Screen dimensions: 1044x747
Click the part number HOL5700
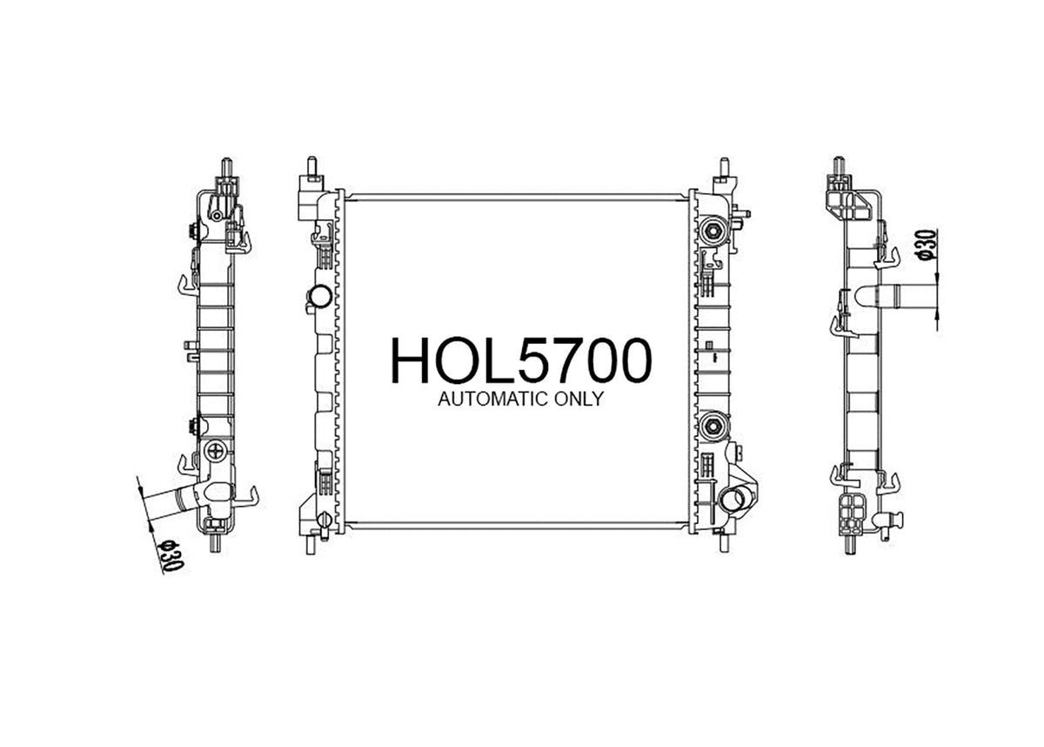tap(520, 360)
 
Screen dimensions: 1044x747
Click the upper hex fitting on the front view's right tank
tap(713, 230)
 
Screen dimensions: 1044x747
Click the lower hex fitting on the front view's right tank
tap(713, 425)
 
